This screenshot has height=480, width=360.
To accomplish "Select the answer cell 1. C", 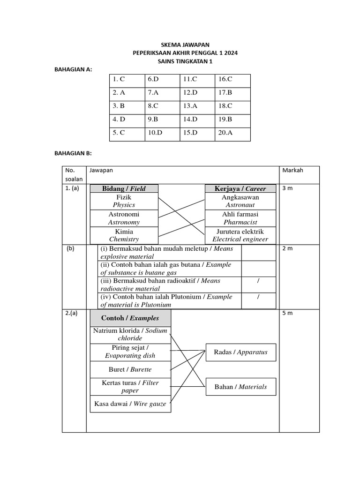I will [x=118, y=79].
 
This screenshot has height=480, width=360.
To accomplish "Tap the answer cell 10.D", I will [x=155, y=133].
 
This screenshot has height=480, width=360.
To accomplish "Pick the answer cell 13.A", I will [x=190, y=106].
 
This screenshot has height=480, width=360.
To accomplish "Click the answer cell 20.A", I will [x=225, y=133].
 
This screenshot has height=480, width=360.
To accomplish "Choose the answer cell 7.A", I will [x=154, y=92].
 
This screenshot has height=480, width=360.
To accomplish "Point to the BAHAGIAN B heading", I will [x=74, y=153].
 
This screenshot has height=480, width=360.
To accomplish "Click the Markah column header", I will [x=292, y=170].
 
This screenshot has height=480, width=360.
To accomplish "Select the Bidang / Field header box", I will [x=124, y=188].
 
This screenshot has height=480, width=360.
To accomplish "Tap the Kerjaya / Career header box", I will [x=240, y=188].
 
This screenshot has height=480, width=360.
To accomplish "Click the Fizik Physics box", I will [x=124, y=201].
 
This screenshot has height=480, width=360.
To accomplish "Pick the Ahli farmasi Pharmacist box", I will [x=240, y=218].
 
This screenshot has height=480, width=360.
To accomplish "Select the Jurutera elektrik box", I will [x=240, y=235].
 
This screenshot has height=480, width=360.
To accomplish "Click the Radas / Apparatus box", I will [x=241, y=352].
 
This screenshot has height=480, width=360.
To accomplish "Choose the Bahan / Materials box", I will [x=241, y=387].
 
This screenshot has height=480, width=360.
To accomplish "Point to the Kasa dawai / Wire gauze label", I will [x=130, y=404].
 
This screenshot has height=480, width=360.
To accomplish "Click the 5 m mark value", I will [x=287, y=313].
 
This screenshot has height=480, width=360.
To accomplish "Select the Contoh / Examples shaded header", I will [x=130, y=318].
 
